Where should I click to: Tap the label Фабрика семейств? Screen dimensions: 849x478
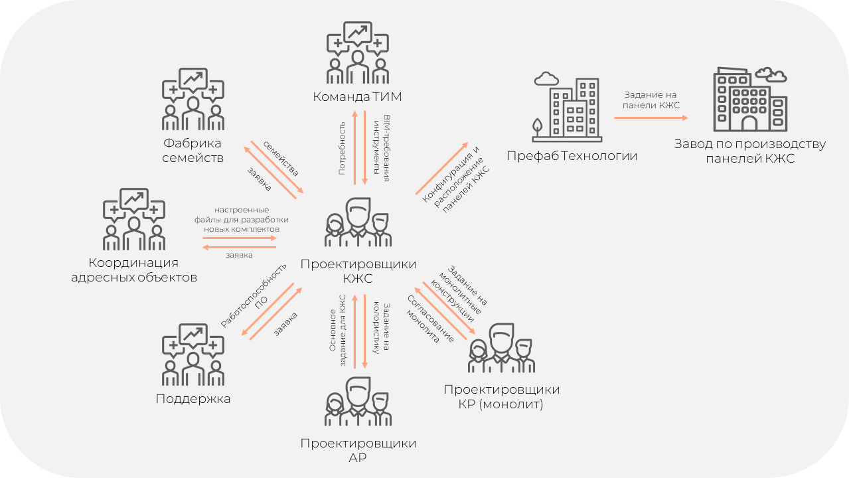point(193,151)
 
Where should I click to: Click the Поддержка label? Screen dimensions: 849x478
point(193,399)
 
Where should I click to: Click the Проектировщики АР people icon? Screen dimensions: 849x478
point(357,401)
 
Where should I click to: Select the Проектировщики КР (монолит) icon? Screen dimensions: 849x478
point(501,349)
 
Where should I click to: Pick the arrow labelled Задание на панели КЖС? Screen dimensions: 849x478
point(650,118)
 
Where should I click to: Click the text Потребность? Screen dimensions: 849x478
point(342,148)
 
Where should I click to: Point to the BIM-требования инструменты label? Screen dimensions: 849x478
point(383,148)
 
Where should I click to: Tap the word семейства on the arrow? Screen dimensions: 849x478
point(281,158)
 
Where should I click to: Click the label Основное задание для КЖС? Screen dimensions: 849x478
point(338,330)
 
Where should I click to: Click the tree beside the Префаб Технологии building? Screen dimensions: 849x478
point(538,126)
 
